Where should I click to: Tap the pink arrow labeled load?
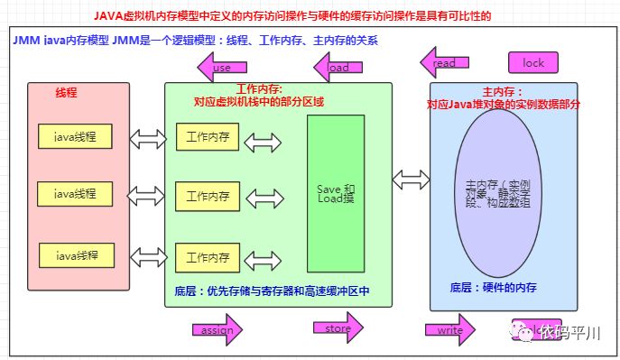(337, 67)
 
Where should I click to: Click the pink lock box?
(533, 63)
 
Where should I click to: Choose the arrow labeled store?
(338, 328)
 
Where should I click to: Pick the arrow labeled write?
(449, 330)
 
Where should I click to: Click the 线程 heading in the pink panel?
(67, 94)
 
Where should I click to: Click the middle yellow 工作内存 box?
(207, 196)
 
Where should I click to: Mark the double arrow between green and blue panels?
(410, 179)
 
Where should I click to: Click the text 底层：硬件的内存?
(494, 287)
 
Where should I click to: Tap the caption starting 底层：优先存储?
(273, 291)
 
